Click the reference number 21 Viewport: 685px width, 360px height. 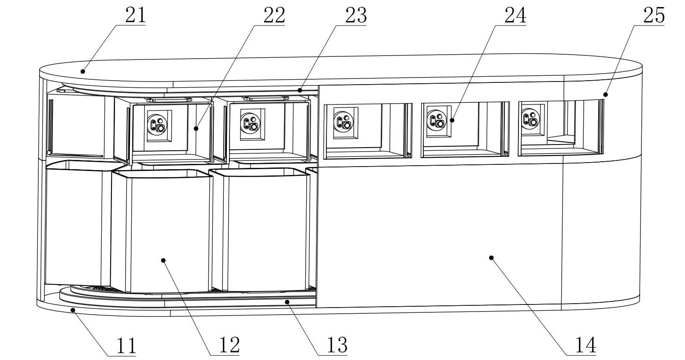click(136, 15)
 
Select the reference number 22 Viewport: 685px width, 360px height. click(274, 15)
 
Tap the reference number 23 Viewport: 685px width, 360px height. click(356, 15)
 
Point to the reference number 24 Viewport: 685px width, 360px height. click(515, 15)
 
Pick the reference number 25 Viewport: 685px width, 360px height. click(654, 15)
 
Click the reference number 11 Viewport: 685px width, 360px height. click(126, 345)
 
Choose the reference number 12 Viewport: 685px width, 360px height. click(230, 345)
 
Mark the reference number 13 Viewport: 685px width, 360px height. click(337, 345)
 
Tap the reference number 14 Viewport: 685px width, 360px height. click(585, 345)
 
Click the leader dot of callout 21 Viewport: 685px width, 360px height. click(82, 71)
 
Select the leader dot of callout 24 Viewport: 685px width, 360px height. click(452, 120)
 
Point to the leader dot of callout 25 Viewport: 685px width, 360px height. click(605, 94)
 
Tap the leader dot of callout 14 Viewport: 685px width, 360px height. click(492, 258)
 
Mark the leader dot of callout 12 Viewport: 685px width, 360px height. click(163, 260)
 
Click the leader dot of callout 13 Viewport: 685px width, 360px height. click(287, 302)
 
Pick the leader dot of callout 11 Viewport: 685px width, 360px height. click(73, 310)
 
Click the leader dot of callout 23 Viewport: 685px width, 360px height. click(300, 90)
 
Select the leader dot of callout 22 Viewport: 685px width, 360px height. click(196, 129)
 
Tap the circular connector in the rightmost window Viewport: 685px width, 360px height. click(529, 119)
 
